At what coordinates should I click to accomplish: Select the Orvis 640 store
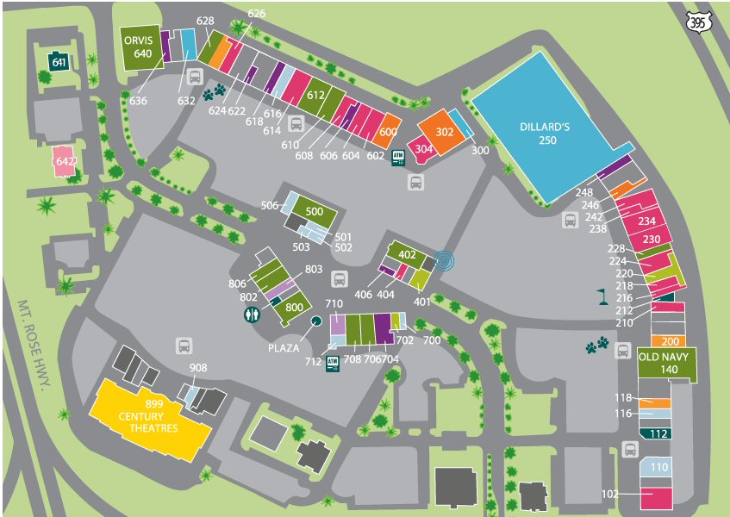(140, 47)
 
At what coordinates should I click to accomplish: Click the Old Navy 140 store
(667, 364)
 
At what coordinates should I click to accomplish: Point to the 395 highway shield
(698, 22)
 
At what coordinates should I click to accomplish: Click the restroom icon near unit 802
(252, 315)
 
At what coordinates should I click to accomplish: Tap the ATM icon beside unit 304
(398, 158)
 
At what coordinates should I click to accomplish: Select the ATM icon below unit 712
(333, 364)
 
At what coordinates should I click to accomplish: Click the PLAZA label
(284, 347)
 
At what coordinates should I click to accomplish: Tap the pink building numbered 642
(65, 161)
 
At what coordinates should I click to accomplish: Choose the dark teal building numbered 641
(59, 61)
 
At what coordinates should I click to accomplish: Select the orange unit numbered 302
(442, 132)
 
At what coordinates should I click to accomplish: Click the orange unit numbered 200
(668, 341)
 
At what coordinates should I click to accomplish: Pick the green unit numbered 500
(314, 212)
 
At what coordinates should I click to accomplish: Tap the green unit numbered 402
(407, 254)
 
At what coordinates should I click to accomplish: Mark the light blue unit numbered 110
(656, 467)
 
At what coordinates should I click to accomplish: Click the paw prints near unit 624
(214, 91)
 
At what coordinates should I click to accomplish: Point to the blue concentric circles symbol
(445, 261)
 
